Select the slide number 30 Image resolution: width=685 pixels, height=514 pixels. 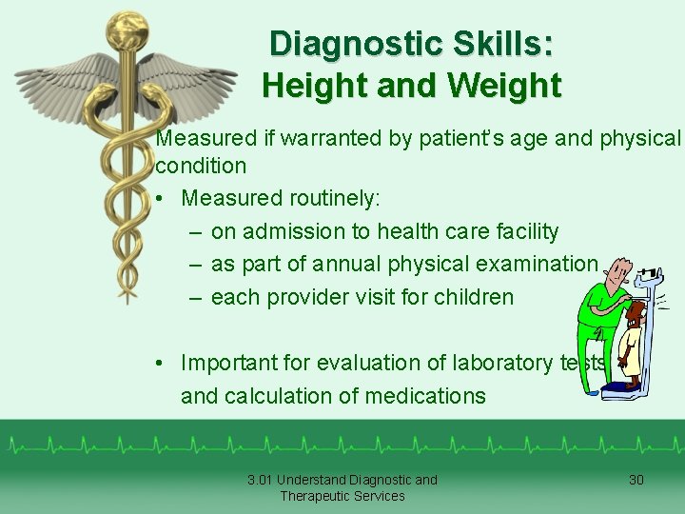click(636, 480)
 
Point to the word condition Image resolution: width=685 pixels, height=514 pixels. click(201, 166)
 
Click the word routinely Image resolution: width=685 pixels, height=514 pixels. click(329, 198)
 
